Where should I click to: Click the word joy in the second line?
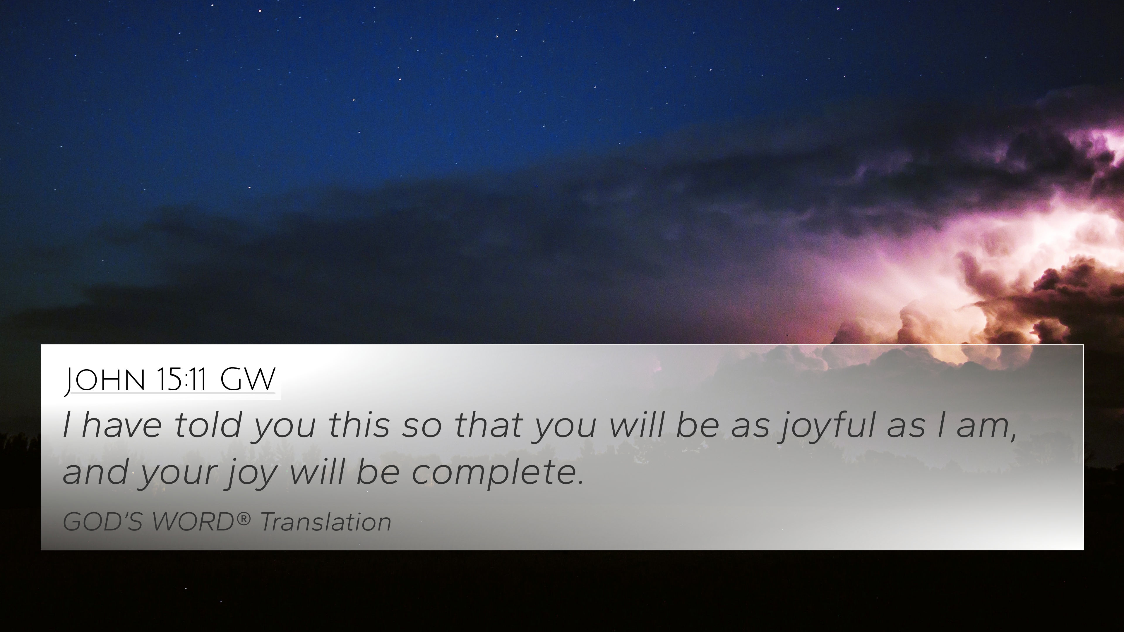251,475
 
